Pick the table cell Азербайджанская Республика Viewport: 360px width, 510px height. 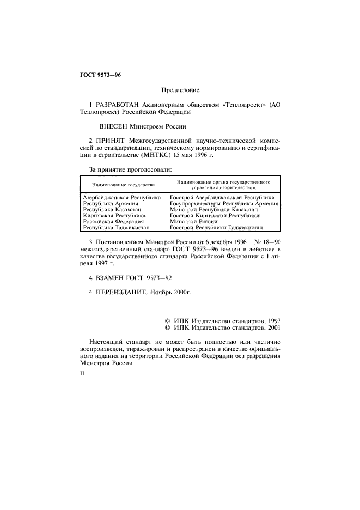(x=121, y=197)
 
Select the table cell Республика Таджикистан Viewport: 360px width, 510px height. (x=116, y=228)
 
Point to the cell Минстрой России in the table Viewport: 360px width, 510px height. (x=193, y=222)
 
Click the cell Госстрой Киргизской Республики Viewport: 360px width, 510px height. (x=214, y=216)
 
